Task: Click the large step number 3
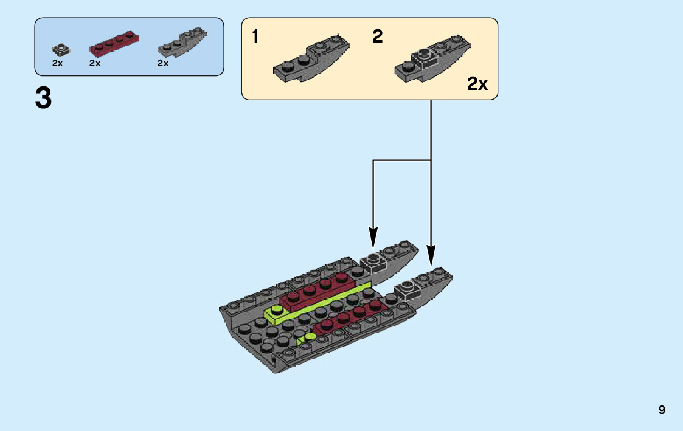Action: pos(43,98)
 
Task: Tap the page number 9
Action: pos(662,410)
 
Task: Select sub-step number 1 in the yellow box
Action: pos(255,37)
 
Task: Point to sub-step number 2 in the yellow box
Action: pos(378,37)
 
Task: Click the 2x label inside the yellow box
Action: pos(477,84)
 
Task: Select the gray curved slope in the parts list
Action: pos(182,43)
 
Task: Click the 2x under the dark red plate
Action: pos(94,63)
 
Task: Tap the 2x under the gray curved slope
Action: pos(162,63)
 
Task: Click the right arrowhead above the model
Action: pos(431,255)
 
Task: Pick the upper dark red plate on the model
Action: pos(316,291)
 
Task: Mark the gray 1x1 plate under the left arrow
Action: pos(373,263)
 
